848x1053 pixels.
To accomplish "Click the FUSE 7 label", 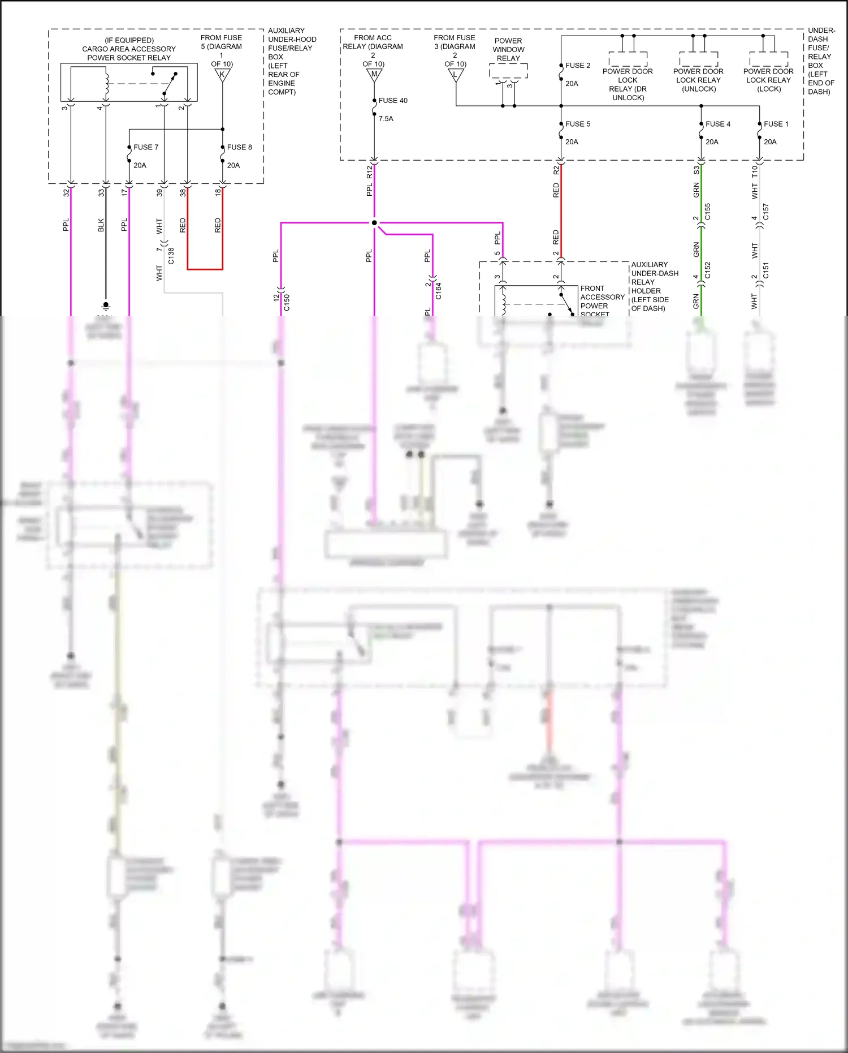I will (146, 147).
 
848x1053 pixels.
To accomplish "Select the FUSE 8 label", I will (239, 147).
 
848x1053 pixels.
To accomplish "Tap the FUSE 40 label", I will (393, 101).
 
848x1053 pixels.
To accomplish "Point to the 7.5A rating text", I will (386, 119).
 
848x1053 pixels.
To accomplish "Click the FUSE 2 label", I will (578, 66).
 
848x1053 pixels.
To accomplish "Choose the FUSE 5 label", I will (578, 124).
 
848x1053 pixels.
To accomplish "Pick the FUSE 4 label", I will (718, 124).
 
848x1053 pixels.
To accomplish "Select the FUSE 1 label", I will (776, 124).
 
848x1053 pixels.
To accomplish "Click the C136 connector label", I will (171, 256).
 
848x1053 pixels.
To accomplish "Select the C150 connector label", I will (287, 302).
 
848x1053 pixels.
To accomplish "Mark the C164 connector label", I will (438, 291).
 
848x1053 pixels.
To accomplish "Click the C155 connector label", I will (707, 212).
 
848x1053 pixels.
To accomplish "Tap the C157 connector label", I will (765, 212).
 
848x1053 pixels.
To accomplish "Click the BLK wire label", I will (101, 225).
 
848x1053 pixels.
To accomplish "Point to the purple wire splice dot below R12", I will (374, 223).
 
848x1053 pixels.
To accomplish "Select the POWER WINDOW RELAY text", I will (508, 49).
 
